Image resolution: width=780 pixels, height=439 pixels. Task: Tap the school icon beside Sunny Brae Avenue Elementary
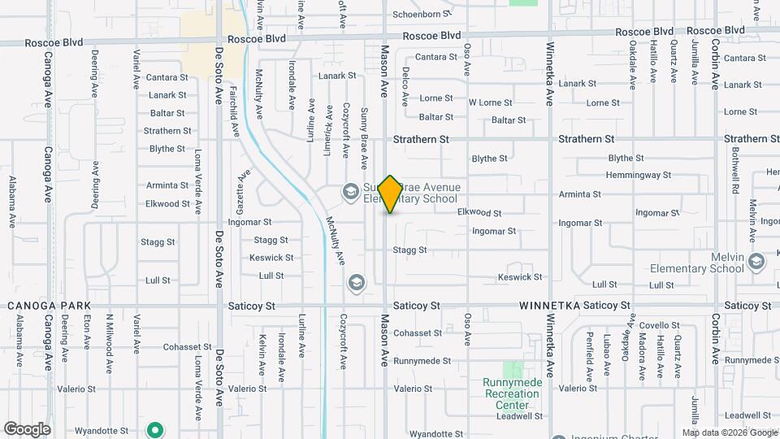click(351, 192)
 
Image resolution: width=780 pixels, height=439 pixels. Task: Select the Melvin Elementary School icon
click(757, 261)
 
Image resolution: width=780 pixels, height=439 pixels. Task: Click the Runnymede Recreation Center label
click(511, 393)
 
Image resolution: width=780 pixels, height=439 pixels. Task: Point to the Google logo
click(27, 428)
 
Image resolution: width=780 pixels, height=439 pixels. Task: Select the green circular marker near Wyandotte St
click(154, 429)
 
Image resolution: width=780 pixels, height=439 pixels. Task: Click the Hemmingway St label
click(639, 175)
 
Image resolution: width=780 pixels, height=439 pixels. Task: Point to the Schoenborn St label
click(421, 14)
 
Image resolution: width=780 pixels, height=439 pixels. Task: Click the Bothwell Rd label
click(734, 175)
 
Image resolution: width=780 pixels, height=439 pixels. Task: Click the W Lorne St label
click(491, 102)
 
